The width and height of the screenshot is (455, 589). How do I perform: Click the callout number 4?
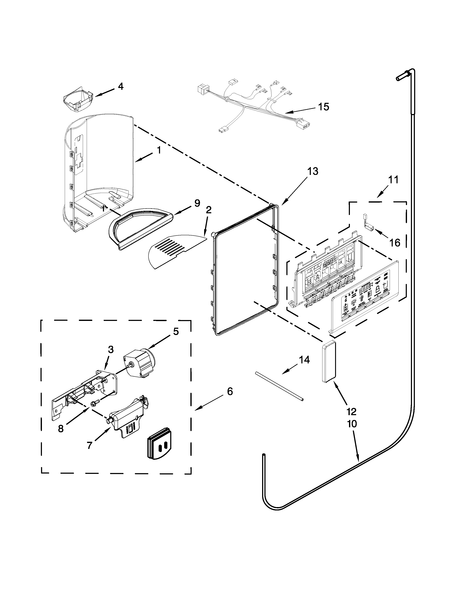(120, 86)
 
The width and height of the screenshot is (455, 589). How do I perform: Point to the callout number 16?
(395, 243)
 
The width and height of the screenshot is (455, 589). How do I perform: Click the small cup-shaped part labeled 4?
(77, 99)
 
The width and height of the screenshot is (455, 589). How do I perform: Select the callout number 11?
(393, 180)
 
